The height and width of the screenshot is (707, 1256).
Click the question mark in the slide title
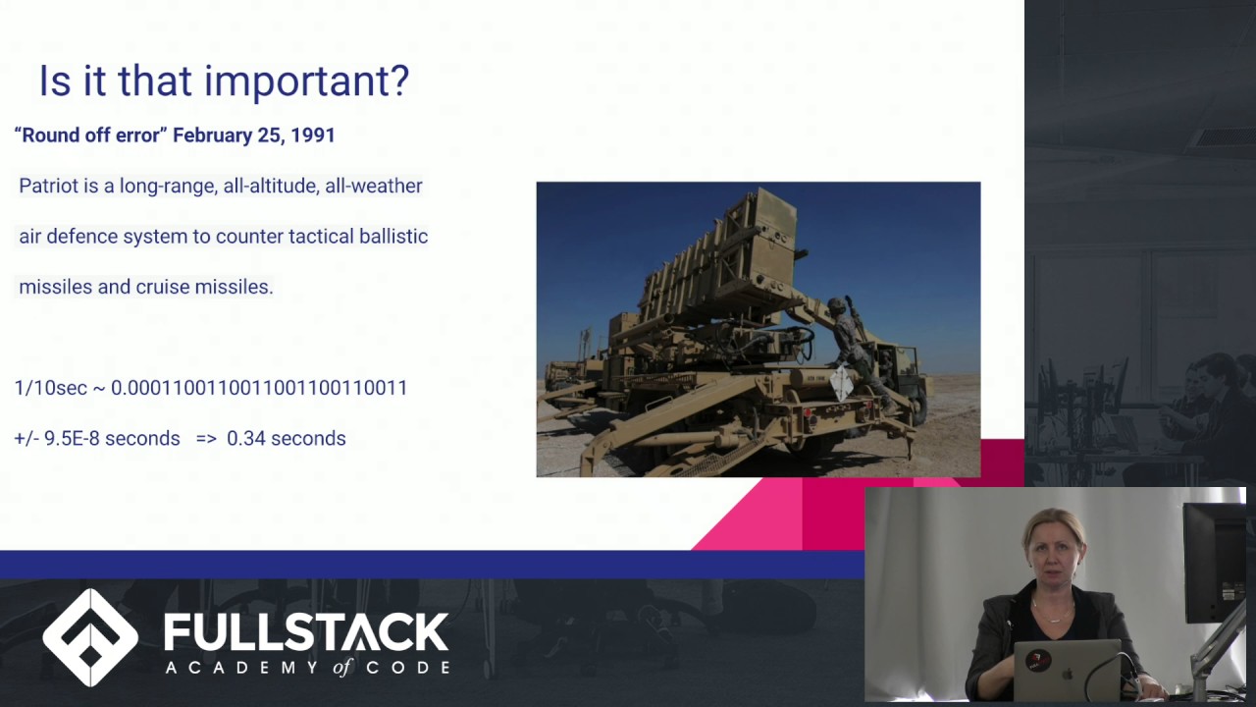click(398, 81)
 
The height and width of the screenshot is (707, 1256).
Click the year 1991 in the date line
click(312, 136)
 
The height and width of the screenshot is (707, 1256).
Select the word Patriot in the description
click(48, 186)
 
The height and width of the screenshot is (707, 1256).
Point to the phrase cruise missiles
click(204, 287)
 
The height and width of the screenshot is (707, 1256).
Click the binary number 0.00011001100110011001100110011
click(259, 388)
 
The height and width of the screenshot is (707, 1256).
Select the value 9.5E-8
click(72, 439)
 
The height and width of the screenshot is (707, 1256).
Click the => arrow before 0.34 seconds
click(206, 439)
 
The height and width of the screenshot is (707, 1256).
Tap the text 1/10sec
click(51, 388)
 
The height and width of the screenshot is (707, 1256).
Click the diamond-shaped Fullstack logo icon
click(90, 637)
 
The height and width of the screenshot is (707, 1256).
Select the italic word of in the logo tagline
click(341, 668)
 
